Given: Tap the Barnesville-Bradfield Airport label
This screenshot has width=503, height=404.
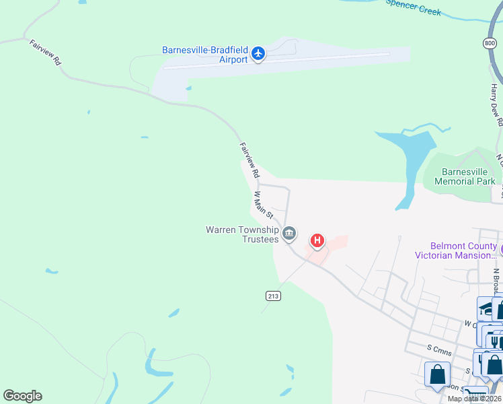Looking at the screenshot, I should click(205, 55).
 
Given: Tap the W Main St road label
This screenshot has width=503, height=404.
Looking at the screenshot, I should click(263, 204).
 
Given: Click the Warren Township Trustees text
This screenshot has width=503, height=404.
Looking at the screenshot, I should click(242, 234).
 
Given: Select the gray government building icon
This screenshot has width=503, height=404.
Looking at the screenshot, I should click(289, 234).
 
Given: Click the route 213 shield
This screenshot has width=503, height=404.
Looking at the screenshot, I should click(273, 296).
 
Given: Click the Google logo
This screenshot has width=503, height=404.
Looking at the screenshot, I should click(22, 396).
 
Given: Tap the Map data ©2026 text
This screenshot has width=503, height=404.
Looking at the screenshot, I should click(473, 399).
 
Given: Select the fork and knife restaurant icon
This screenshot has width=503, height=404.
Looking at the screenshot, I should click(494, 342).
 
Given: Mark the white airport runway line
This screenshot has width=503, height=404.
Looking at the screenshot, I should click(276, 61).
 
